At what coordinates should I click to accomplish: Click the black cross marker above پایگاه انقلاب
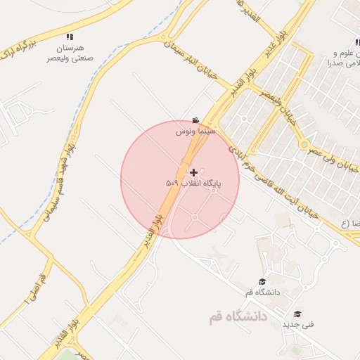click(x=194, y=172)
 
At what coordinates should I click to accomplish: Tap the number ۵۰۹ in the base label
click(x=172, y=184)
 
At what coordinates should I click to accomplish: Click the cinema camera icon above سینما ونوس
click(x=195, y=120)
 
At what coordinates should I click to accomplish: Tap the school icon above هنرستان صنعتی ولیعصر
click(x=69, y=36)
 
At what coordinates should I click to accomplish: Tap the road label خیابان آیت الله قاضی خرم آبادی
click(x=273, y=184)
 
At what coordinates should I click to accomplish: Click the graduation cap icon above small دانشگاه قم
click(x=262, y=281)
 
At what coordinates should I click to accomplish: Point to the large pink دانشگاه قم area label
click(x=238, y=317)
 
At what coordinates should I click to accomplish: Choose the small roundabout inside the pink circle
click(x=194, y=217)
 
